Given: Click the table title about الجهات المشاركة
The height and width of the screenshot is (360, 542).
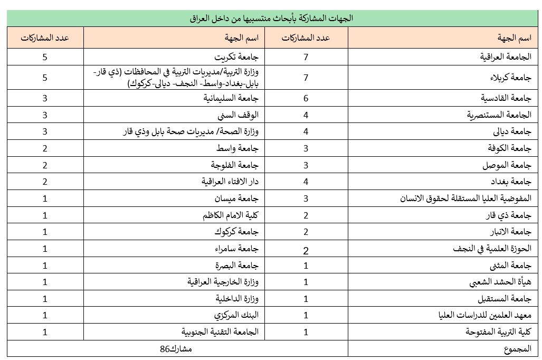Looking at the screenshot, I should tap(271, 18).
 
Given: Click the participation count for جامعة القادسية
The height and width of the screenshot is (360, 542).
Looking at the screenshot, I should tap(306, 98).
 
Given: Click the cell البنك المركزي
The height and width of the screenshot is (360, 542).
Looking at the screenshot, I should tap(242, 316).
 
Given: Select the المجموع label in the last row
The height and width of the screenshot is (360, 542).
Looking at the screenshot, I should tap(517, 349).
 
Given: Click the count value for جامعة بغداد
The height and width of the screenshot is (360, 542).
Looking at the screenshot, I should tap(306, 182).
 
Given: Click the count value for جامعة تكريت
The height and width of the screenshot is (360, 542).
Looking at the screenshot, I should tap(45, 56).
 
